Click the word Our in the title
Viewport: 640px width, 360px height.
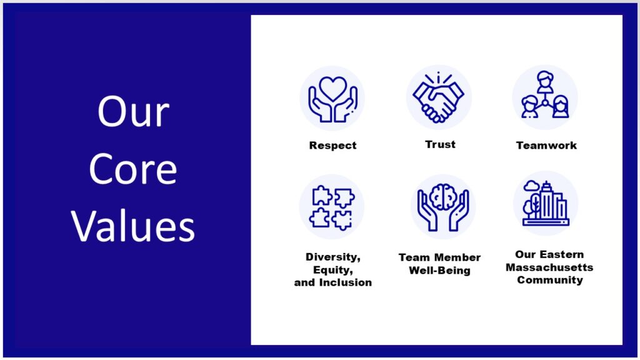tap(133, 111)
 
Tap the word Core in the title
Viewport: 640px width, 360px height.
tap(133, 169)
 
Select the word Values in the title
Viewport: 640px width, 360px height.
tap(133, 226)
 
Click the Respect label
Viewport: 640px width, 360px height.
tap(332, 145)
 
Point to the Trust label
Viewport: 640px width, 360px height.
tap(440, 144)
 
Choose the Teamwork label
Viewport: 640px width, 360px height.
tap(546, 145)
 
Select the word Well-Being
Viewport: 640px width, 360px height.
tap(439, 270)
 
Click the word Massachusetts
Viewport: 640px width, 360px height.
tap(549, 267)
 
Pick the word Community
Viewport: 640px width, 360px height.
tap(550, 280)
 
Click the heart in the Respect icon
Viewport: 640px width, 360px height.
tap(333, 88)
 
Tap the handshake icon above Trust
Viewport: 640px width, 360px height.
tap(438, 98)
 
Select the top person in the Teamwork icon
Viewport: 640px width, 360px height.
tap(545, 82)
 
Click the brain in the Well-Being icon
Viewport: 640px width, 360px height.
tap(443, 197)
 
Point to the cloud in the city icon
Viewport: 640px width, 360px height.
tap(531, 186)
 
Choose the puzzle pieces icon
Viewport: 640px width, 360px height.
tap(332, 207)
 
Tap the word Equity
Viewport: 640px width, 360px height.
tap(332, 270)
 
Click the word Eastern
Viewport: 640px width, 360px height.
tap(564, 255)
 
